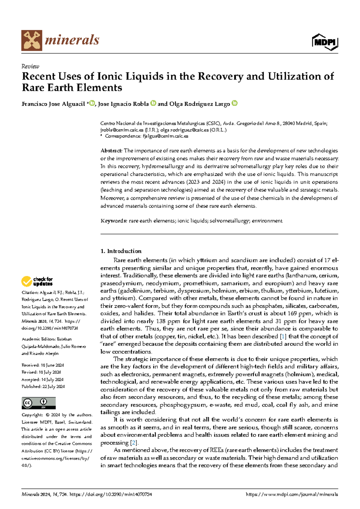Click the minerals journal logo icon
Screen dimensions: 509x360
[x=31, y=40]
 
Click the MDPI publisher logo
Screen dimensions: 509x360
[x=325, y=42]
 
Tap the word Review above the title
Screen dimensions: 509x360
[x=30, y=66]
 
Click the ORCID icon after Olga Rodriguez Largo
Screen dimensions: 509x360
[x=235, y=103]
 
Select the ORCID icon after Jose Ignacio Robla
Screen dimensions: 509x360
[x=153, y=103]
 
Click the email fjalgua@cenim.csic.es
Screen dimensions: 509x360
[x=165, y=136]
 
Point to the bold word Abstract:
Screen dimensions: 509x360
[x=111, y=151]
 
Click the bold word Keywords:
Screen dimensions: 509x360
[x=114, y=221]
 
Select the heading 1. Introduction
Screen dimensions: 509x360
[x=121, y=251]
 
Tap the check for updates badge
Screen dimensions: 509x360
[x=37, y=281]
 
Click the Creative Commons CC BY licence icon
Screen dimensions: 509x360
[x=38, y=403]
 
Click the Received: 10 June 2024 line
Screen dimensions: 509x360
[x=43, y=365]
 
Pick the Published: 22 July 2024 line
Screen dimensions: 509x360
[x=43, y=387]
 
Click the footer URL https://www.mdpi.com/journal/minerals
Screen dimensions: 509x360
[x=292, y=494]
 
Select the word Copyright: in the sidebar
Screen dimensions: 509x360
[x=32, y=415]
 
